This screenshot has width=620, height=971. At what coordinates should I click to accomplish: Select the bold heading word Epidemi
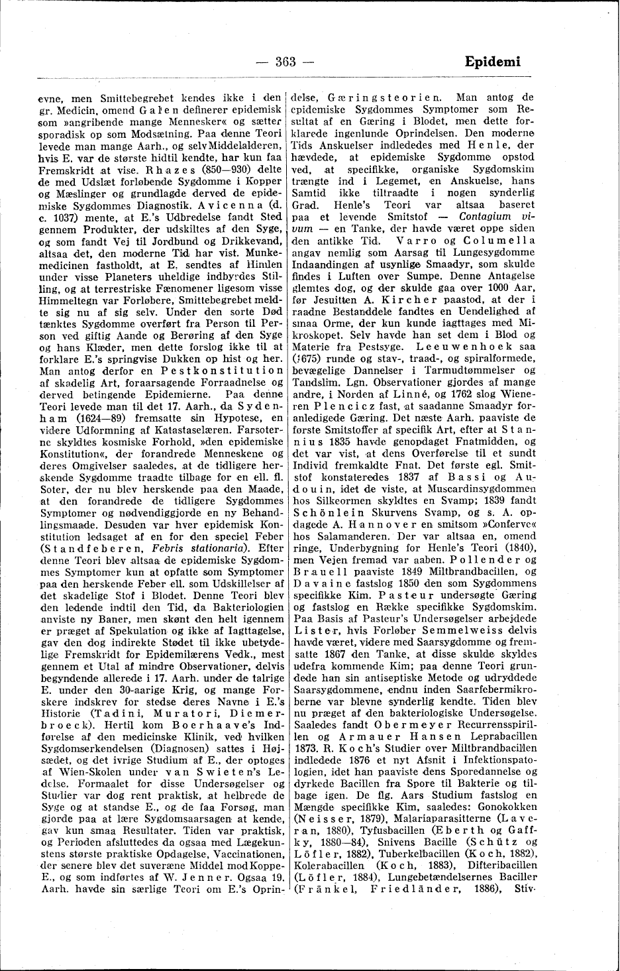492,62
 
